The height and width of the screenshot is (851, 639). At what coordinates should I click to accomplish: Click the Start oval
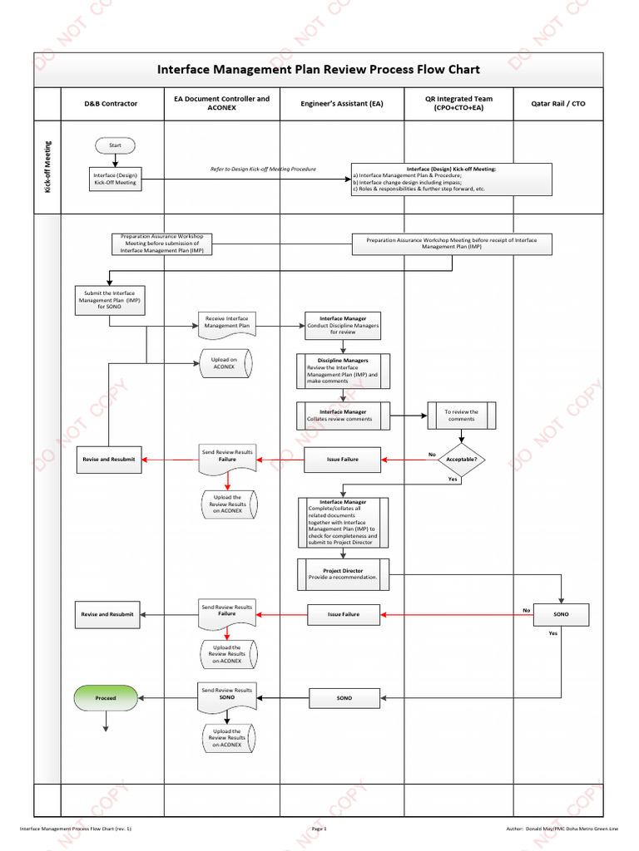[x=115, y=145]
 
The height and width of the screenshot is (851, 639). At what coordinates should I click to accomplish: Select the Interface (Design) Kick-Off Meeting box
[x=116, y=179]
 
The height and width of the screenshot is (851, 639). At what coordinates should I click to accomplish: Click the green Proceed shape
[x=106, y=698]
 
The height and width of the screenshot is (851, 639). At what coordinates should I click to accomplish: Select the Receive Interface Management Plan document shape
[x=226, y=323]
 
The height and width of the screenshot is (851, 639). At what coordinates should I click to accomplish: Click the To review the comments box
[x=461, y=416]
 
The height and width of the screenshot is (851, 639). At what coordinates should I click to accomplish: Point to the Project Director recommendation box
[x=343, y=574]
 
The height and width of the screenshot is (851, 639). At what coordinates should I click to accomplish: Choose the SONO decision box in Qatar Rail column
[x=562, y=614]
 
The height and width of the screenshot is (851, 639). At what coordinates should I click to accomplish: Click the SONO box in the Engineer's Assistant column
[x=344, y=698]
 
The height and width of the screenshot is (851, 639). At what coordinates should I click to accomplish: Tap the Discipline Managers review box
[x=343, y=372]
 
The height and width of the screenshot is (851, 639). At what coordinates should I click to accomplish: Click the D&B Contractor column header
[x=111, y=104]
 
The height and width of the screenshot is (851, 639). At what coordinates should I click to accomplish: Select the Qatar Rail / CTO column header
[x=557, y=104]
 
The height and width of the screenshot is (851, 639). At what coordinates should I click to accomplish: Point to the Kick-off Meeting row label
[x=47, y=167]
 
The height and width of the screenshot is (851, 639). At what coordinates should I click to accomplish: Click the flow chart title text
[x=319, y=70]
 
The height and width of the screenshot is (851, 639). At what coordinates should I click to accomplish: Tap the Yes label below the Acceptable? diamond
[x=453, y=480]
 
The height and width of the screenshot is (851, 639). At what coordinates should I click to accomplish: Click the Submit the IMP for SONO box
[x=110, y=301]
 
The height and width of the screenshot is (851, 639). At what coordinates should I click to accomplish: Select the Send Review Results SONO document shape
[x=226, y=696]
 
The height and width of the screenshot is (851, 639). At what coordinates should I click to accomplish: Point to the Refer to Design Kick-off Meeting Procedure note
[x=263, y=169]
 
